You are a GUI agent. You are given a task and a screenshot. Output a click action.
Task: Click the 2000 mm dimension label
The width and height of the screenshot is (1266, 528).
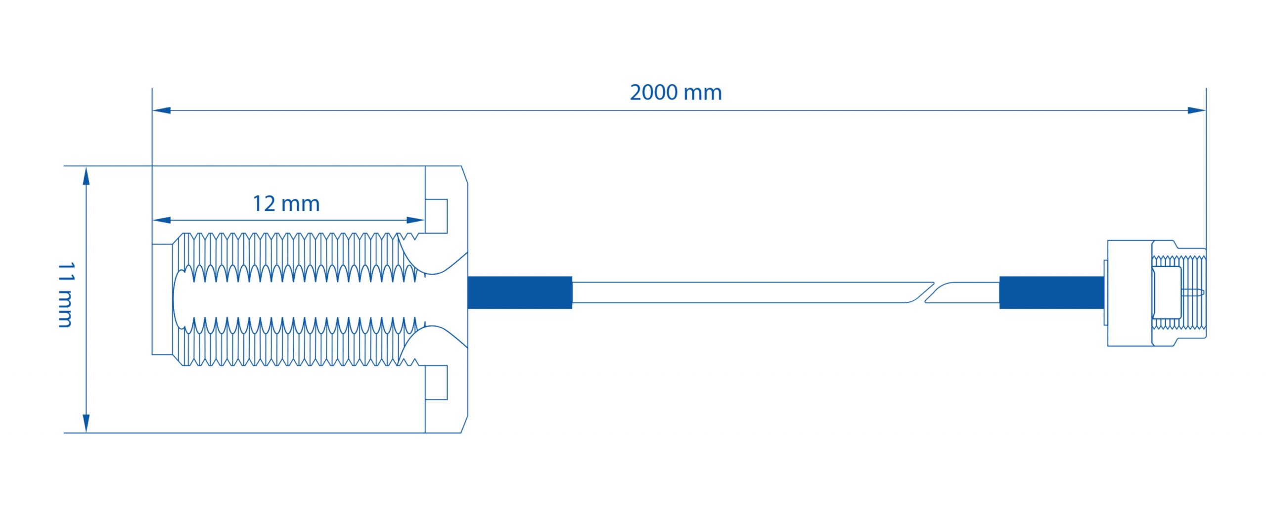coord(676,93)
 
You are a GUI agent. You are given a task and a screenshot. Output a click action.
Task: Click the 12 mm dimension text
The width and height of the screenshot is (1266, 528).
coord(286,203)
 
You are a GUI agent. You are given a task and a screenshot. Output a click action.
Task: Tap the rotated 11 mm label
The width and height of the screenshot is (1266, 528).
coord(65,295)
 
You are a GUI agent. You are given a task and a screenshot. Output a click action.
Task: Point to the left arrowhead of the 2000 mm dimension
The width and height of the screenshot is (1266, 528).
coord(162,110)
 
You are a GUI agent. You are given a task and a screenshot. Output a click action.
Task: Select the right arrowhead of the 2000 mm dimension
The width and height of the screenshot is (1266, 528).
coord(1196,110)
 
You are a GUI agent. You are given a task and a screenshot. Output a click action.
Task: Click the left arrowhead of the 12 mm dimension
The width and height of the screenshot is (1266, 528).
coord(162,220)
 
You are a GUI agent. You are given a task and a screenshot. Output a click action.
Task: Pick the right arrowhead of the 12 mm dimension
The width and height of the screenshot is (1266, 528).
coord(415,220)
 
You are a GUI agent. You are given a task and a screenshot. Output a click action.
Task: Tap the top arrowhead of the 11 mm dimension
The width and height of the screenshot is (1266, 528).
coord(86,176)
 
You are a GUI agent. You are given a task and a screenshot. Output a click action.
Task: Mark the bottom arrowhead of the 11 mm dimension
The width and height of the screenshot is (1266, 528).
coord(86,423)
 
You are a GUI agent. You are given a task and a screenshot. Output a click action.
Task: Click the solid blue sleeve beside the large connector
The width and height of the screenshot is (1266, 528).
coord(520,292)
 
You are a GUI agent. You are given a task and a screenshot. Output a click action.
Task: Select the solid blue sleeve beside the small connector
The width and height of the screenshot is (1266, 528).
coord(1052,292)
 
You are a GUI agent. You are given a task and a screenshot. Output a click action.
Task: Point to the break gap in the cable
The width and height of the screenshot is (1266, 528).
coord(929,292)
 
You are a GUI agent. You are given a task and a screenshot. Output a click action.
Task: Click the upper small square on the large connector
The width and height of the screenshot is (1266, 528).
coord(436,216)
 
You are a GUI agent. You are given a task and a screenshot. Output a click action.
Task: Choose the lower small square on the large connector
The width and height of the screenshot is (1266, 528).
coord(436,383)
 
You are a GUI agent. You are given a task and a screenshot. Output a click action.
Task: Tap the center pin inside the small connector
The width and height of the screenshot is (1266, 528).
coord(1192,292)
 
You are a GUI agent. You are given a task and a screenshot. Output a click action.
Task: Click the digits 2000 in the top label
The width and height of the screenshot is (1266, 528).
coord(653,93)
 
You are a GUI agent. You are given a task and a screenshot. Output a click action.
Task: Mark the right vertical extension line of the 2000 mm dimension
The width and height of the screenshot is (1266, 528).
coord(1206,168)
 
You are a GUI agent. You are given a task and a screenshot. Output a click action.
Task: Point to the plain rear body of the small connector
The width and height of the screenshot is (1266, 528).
coord(1130,293)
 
